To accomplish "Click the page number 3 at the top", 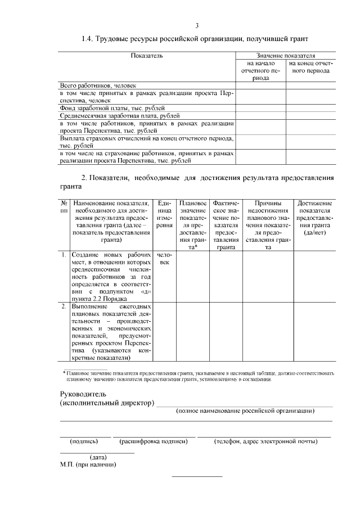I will coord(197,25).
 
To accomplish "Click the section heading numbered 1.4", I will coord(195,39).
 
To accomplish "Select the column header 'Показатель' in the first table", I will coord(147,56).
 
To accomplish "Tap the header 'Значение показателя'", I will coord(286,56).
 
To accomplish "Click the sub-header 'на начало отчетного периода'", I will coord(260,71).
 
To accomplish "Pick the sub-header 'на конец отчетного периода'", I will coord(311,67).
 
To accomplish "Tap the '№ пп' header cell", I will coord(64,206).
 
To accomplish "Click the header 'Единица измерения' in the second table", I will coord(164,214).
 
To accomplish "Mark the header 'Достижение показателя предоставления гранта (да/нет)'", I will coord(314,218).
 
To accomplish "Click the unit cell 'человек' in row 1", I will coord(164,258).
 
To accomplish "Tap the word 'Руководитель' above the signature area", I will coord(83,395).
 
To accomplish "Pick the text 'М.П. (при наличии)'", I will coord(88,465).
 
